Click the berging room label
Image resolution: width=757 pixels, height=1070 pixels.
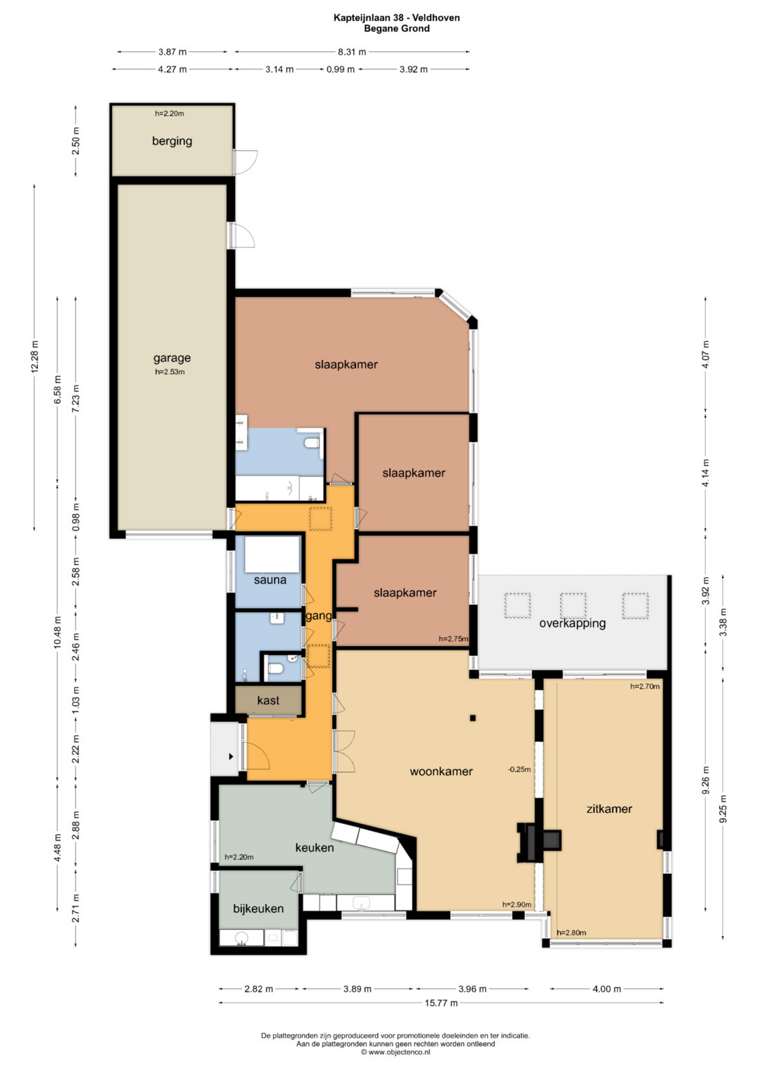tap(172, 142)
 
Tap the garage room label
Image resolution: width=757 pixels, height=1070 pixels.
tap(172, 358)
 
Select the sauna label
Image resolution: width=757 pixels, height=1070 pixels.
tap(270, 580)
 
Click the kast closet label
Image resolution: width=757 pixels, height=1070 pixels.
tap(268, 700)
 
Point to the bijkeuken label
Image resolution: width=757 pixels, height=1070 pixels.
tap(258, 909)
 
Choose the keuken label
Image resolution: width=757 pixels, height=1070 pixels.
tap(315, 848)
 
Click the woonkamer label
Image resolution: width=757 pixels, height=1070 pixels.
tap(441, 771)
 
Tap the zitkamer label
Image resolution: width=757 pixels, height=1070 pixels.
tap(609, 809)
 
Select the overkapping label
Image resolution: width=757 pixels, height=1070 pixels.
tap(573, 624)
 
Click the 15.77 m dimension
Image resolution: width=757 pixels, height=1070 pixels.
tap(441, 1003)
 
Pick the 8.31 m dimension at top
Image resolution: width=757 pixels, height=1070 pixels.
tap(352, 52)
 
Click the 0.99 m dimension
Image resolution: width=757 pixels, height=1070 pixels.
tap(341, 69)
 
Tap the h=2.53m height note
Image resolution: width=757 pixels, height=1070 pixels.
tap(170, 371)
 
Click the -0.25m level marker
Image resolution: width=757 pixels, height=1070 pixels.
tap(519, 769)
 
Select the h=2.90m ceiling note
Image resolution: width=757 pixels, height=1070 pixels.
tap(517, 904)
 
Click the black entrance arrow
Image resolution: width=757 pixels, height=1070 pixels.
tap(231, 757)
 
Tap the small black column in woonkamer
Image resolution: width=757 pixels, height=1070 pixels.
tap(472, 718)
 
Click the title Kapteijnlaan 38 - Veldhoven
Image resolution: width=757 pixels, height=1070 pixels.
tap(397, 18)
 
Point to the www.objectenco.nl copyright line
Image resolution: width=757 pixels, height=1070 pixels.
tap(395, 1051)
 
